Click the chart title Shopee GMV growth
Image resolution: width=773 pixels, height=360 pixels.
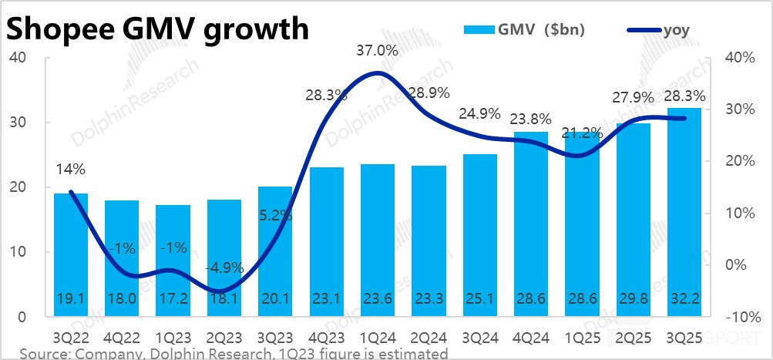tap(158, 29)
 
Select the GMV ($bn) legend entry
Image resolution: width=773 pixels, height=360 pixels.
tap(524, 30)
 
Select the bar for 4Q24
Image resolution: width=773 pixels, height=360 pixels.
tap(530, 224)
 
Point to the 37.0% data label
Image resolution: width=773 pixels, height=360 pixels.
tap(377, 52)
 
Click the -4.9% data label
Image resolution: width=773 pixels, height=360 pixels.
tap(224, 268)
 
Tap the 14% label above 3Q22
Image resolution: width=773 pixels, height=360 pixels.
tap(70, 169)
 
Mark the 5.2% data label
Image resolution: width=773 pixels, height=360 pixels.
tap(275, 217)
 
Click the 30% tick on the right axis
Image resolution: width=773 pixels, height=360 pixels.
tap(738, 109)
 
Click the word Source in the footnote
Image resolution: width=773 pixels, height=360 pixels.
tap(42, 353)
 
